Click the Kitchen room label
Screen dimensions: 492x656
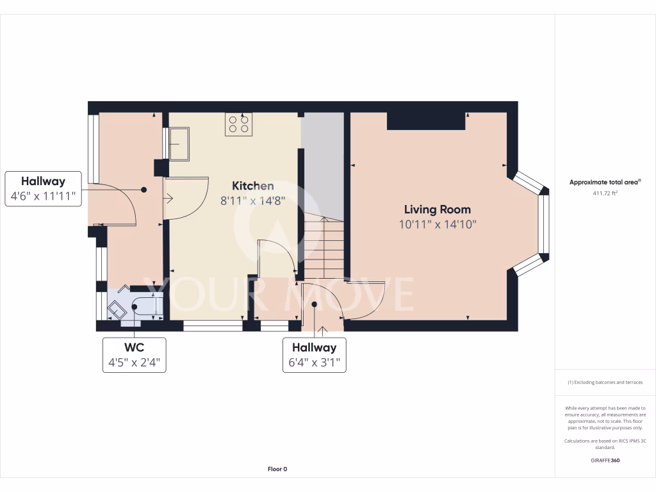point(252,186)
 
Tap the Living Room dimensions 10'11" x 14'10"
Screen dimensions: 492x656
point(437,224)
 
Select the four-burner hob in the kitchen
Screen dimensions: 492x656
point(238,124)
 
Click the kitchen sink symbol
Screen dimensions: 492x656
point(179,143)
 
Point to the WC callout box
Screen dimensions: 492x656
point(134,355)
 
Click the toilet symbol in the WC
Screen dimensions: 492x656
point(117,309)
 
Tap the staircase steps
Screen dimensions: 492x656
point(324,247)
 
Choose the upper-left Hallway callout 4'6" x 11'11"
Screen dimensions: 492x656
point(44,189)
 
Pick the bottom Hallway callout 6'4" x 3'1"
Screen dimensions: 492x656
point(314,356)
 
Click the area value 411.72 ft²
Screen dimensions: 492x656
point(605,193)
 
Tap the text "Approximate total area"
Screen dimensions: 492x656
point(604,183)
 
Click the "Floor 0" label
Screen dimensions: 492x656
point(277,469)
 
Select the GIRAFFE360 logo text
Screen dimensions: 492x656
point(605,460)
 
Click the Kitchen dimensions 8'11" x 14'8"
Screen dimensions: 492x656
point(252,201)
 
